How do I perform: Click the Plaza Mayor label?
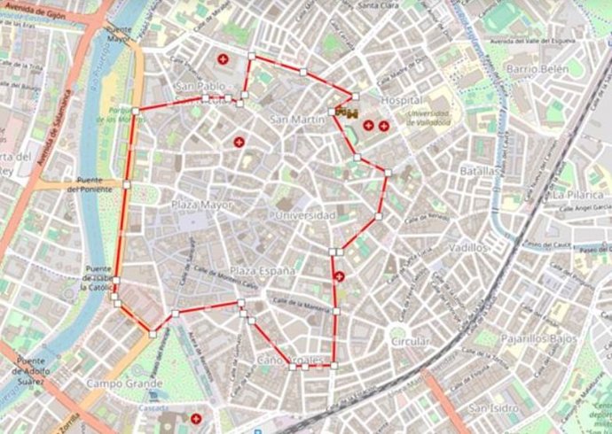point(201,205)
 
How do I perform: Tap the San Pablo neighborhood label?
point(200,86)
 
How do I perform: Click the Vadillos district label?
point(469,248)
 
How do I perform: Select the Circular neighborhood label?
point(411,341)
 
